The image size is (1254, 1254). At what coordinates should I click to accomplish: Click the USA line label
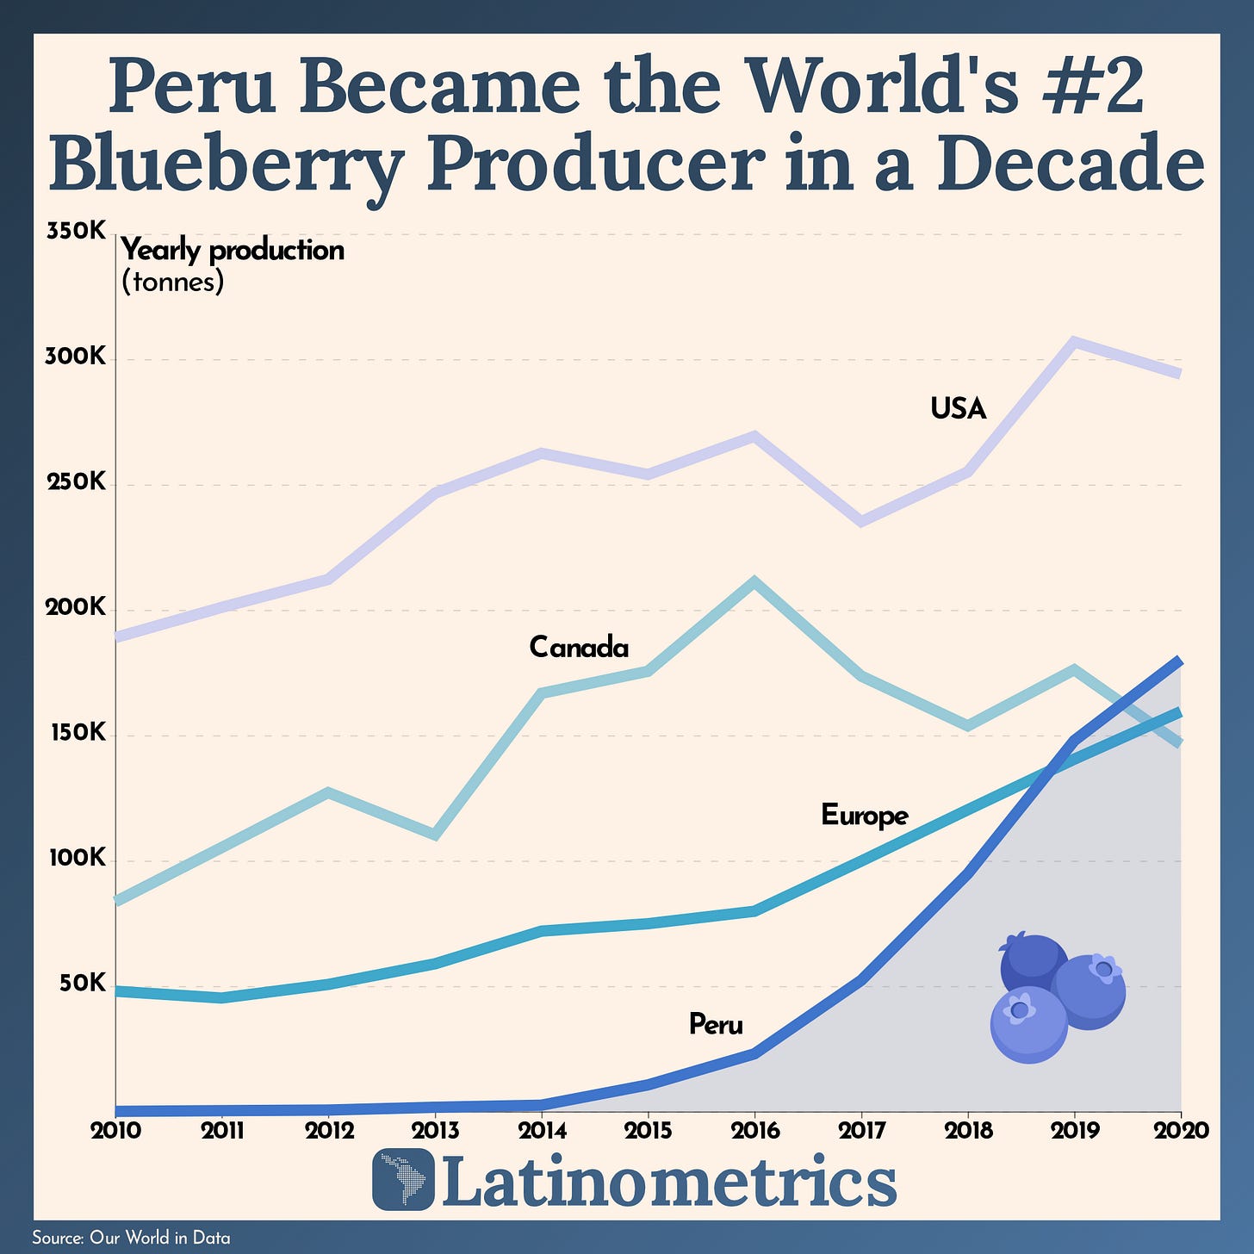pos(958,408)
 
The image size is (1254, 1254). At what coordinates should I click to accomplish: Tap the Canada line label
pos(579,647)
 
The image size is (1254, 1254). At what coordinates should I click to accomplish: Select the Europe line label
pos(864,815)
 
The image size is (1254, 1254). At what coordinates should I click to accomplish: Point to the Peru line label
pos(716,1025)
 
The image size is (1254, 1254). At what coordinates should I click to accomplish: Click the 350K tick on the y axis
pos(75,232)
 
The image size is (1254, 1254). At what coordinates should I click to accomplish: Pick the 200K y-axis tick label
pos(75,609)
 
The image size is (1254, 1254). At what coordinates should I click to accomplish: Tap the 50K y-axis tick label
pos(83,984)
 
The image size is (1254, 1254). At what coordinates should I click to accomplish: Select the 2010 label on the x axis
pos(115,1131)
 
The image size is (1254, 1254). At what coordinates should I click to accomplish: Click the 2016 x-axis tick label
pos(754,1131)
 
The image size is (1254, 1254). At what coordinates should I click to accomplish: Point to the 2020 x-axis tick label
pos(1180,1131)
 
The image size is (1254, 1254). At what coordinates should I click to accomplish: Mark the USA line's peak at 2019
pos(1074,342)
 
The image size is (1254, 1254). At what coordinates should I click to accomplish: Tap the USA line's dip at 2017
pos(861,521)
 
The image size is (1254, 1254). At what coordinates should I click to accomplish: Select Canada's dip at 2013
pos(435,835)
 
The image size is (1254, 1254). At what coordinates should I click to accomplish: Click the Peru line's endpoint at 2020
pos(1179,661)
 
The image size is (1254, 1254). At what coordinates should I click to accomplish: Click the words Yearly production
pos(233,251)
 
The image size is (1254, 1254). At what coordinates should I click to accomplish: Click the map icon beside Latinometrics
pos(403,1179)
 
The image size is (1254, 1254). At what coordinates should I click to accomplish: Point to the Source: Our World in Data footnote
pos(131,1238)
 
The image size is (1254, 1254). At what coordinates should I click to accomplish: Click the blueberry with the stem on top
pos(1031,963)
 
